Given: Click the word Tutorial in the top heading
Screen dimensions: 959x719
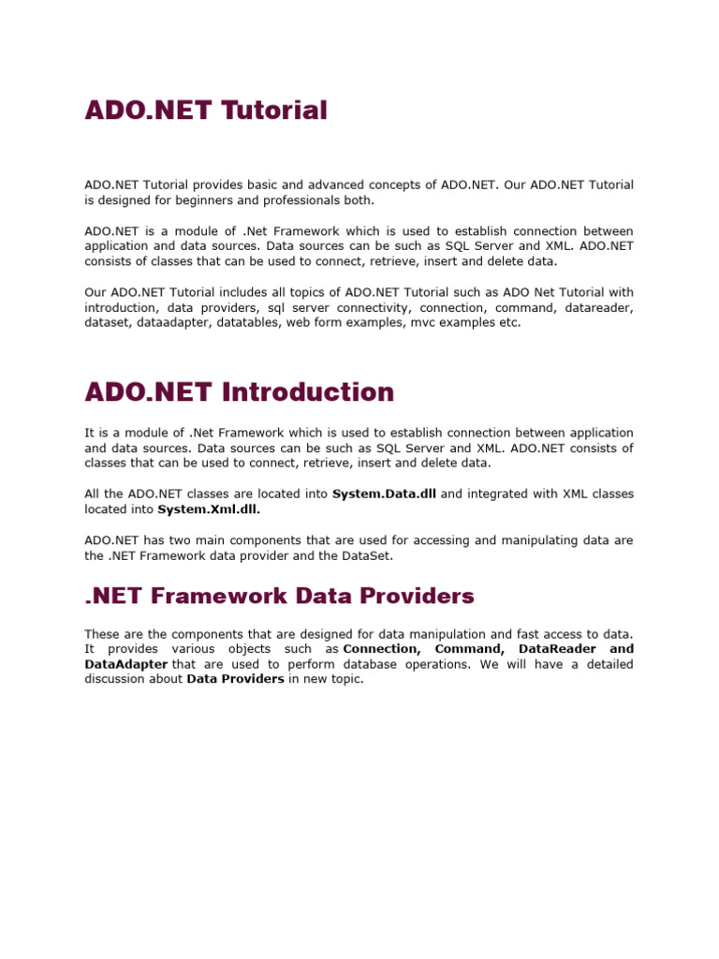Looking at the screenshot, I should [x=274, y=111].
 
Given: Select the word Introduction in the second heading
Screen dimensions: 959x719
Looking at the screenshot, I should [x=308, y=391].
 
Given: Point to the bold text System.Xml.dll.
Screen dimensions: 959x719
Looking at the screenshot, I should [x=209, y=509].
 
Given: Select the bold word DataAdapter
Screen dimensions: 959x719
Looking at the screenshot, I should [x=126, y=664].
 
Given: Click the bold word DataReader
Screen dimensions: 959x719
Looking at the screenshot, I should [x=554, y=649].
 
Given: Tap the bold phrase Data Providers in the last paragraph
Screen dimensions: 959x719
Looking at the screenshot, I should [x=235, y=679].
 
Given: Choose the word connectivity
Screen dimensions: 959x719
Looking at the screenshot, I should [x=371, y=307].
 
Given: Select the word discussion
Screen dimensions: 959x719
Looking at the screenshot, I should [x=117, y=679].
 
